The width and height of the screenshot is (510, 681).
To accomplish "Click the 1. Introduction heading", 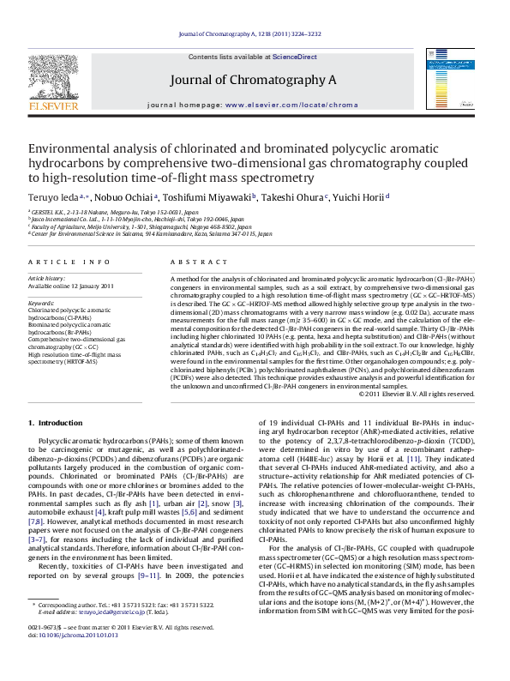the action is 56,422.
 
